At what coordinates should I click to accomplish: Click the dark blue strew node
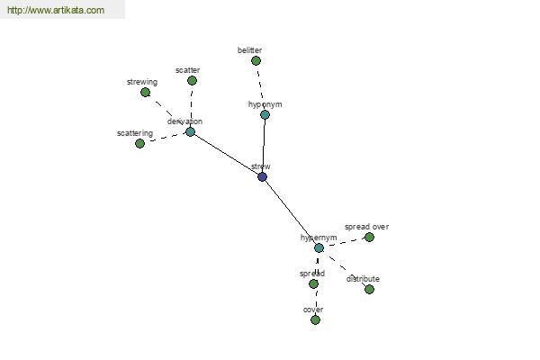pos(263,177)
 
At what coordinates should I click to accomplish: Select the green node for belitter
pos(256,61)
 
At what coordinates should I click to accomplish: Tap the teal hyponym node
pos(265,114)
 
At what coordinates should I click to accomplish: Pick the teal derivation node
pos(191,132)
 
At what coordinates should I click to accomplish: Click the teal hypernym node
pos(319,248)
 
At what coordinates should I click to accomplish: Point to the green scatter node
pos(193,81)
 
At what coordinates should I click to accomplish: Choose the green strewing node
pos(145,93)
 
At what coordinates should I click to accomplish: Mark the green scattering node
pos(139,144)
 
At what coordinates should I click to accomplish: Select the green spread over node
pos(370,238)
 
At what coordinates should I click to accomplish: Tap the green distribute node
pos(370,290)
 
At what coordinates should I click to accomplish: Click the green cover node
pos(316,320)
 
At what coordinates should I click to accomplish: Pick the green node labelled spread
pos(313,283)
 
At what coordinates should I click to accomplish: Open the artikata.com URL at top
pos(56,10)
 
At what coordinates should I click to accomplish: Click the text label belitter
pos(249,50)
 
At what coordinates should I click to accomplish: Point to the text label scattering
pos(135,133)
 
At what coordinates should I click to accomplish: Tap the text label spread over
pos(367,227)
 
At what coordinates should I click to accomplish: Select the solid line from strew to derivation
pos(226,154)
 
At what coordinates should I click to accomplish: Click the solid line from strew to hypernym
pos(291,212)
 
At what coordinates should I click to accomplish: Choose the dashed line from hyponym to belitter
pos(260,88)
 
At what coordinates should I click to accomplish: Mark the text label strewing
pos(142,82)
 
